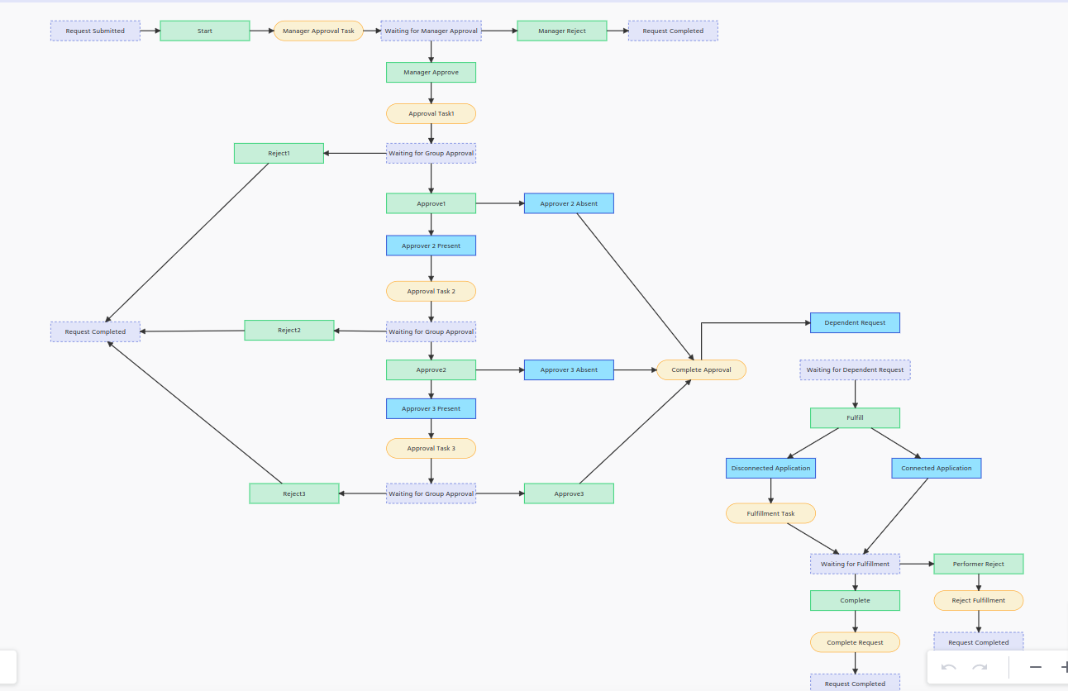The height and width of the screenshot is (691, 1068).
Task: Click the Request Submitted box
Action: (x=95, y=31)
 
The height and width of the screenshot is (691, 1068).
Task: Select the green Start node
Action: (x=205, y=31)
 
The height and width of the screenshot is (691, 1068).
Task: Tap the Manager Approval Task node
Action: (x=318, y=31)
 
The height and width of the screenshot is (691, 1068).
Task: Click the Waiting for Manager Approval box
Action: (x=431, y=31)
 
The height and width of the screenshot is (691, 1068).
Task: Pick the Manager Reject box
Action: (x=562, y=31)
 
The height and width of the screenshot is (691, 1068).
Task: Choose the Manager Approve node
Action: (x=431, y=73)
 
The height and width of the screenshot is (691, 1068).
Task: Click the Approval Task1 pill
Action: (x=431, y=114)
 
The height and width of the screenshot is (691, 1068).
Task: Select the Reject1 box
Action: (x=279, y=154)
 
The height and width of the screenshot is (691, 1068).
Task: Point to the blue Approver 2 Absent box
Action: (x=569, y=203)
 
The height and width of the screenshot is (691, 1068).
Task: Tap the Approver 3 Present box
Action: (x=431, y=409)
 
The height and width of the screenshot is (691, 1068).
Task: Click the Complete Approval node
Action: (x=701, y=370)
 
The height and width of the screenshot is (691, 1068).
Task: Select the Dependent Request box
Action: (x=855, y=323)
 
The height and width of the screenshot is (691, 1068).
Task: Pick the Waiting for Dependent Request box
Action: (x=855, y=370)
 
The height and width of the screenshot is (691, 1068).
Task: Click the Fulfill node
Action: (x=855, y=418)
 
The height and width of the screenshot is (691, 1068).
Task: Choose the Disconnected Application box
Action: (x=770, y=469)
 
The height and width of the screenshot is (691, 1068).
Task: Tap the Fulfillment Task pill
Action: (x=770, y=514)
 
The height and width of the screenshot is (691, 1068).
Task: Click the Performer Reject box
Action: (x=979, y=565)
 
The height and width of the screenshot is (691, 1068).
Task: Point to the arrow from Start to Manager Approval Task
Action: (x=262, y=31)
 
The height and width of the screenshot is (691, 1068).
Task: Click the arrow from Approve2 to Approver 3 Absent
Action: (x=500, y=370)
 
